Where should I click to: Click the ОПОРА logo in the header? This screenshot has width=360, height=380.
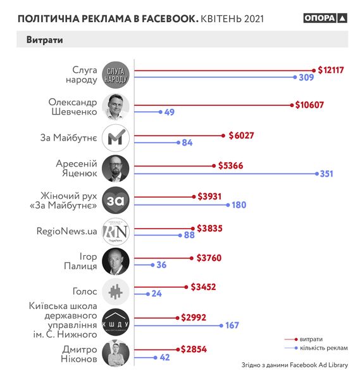pos(325,18)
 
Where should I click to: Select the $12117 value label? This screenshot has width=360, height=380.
pos(331,70)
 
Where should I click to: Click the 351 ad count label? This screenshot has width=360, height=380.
pos(326,174)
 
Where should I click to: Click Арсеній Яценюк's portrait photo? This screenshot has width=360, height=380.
pos(116,168)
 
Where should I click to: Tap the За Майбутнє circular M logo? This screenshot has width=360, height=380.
pos(116,137)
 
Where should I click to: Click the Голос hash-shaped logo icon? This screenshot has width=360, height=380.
pos(116,291)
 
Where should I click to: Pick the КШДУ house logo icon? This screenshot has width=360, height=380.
pos(116,322)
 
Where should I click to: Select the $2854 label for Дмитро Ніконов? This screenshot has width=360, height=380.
pos(194,349)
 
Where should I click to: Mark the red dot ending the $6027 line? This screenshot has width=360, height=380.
pos(223,135)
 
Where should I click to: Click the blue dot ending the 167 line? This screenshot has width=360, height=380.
pos(220,325)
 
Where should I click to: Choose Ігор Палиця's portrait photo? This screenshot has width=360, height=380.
pos(116,261)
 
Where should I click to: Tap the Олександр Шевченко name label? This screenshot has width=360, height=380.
pos(73,106)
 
